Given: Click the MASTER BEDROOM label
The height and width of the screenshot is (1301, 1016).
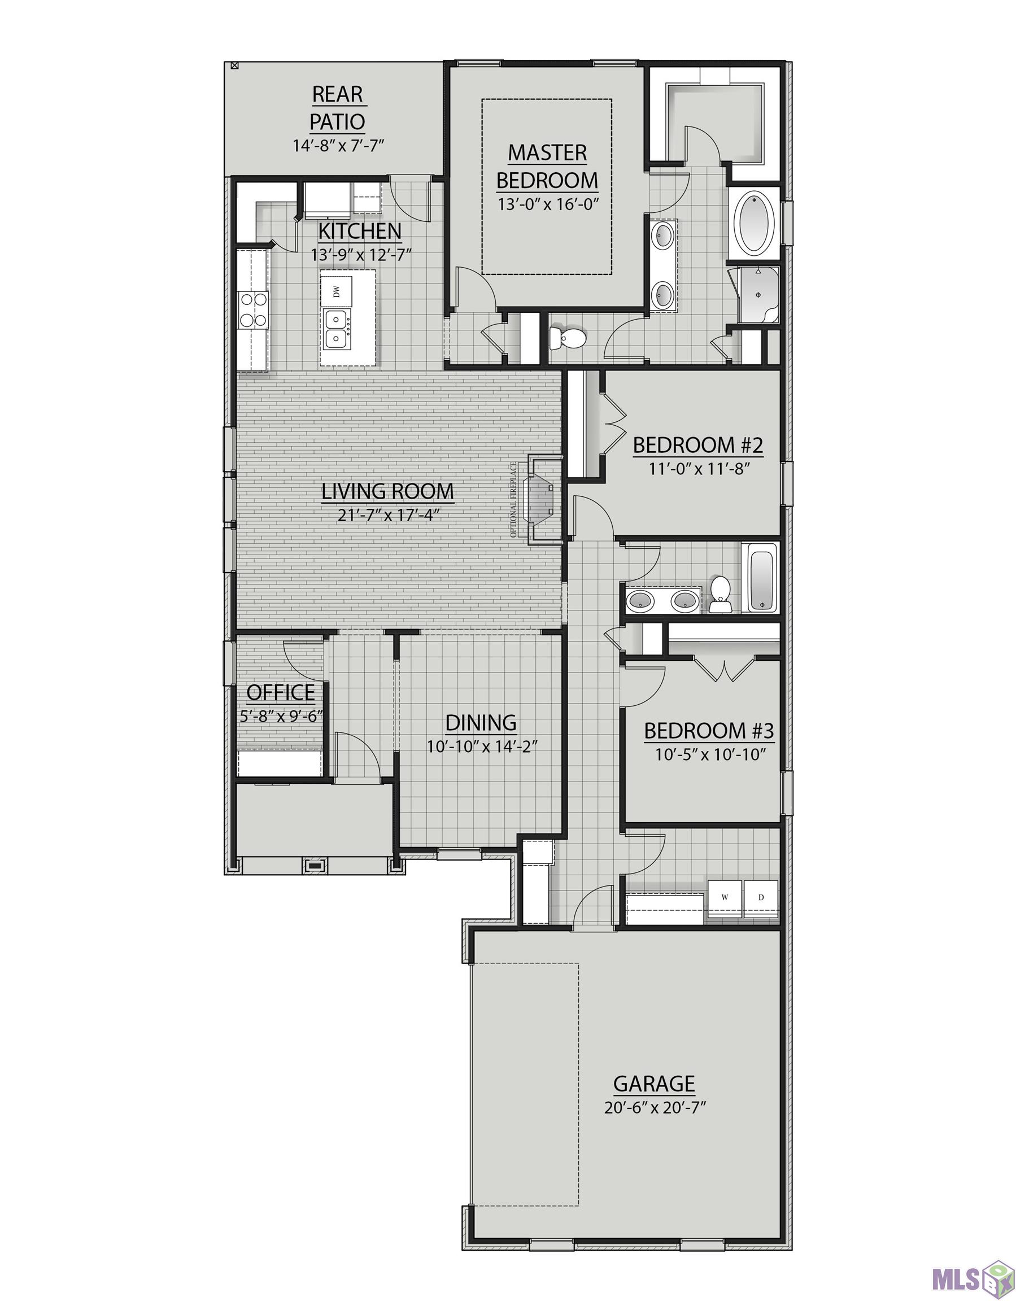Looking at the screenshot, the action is (x=547, y=166).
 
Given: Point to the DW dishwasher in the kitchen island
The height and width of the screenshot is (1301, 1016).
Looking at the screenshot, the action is (x=336, y=291).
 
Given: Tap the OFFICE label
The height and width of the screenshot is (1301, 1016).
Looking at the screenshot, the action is (x=281, y=693).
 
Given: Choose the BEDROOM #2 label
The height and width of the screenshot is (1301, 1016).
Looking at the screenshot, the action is (x=698, y=445).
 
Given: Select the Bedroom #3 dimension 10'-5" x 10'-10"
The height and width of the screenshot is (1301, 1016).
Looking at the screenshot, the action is (x=710, y=755).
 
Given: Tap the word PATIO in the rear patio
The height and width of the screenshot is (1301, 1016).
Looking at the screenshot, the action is (x=337, y=121).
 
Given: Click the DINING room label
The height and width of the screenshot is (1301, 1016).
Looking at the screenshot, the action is (x=481, y=723).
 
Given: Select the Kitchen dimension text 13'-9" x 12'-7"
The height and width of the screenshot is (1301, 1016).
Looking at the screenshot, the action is (x=361, y=255).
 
